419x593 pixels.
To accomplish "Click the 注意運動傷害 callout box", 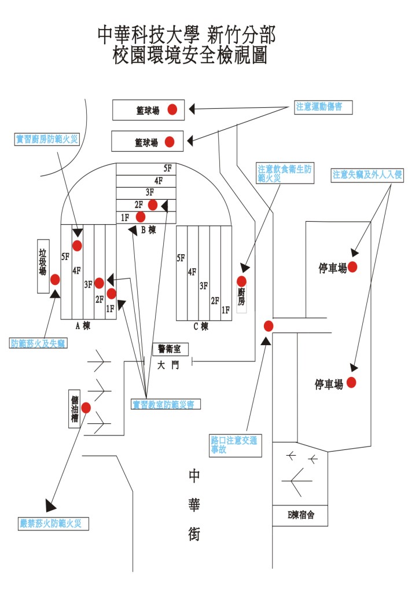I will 322,107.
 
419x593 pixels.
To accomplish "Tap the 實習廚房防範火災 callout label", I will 46,139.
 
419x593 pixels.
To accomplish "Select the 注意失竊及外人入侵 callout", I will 367,175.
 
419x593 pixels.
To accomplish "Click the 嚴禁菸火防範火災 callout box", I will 54,524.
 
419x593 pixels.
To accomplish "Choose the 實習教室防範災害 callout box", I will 166,405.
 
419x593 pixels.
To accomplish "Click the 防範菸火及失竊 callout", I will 38,343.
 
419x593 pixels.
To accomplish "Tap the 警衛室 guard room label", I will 170,349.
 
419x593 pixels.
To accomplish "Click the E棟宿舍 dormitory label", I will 300,514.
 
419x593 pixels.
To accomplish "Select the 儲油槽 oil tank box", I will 74,409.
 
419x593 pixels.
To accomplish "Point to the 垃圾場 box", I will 43,266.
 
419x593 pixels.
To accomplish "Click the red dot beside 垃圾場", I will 55,280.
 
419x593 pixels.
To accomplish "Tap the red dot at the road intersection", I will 268,325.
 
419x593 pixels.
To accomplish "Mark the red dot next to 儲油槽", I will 86,408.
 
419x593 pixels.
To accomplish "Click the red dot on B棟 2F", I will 153,204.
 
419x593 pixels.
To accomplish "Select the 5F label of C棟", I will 181,258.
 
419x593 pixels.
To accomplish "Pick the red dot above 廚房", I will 241,281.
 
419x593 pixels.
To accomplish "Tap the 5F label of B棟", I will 168,169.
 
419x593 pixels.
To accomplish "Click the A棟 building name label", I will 83,325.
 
